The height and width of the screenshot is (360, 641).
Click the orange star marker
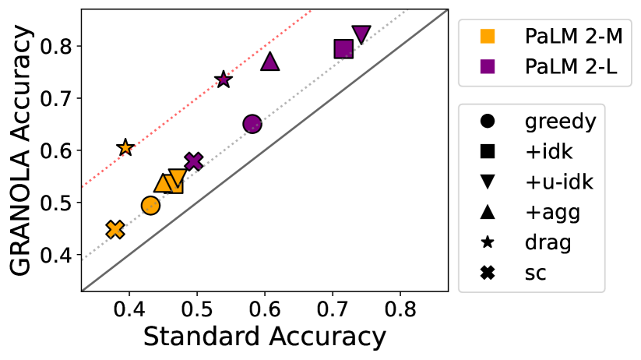(125, 147)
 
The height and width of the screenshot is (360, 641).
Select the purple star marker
(224, 79)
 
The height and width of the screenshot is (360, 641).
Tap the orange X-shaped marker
(115, 229)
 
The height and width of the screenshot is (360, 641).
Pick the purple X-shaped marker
(194, 161)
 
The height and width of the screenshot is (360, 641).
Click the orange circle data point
(150, 206)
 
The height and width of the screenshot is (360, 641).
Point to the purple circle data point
(252, 123)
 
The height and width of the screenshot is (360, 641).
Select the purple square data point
(343, 49)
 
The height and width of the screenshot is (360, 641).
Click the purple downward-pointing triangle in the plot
(361, 34)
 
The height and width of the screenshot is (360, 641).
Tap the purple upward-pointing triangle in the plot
(270, 62)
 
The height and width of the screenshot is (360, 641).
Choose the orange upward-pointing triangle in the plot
(163, 184)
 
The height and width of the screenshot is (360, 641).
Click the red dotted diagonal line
(195, 100)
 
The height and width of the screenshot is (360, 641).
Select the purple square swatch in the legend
(488, 67)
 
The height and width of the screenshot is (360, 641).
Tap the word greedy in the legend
(560, 122)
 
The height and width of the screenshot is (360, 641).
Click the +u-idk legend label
(558, 182)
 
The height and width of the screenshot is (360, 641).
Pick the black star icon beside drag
(488, 242)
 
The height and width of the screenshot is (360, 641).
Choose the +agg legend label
(552, 213)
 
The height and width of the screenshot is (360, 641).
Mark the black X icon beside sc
(488, 273)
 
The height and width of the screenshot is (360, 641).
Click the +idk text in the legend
(549, 152)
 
